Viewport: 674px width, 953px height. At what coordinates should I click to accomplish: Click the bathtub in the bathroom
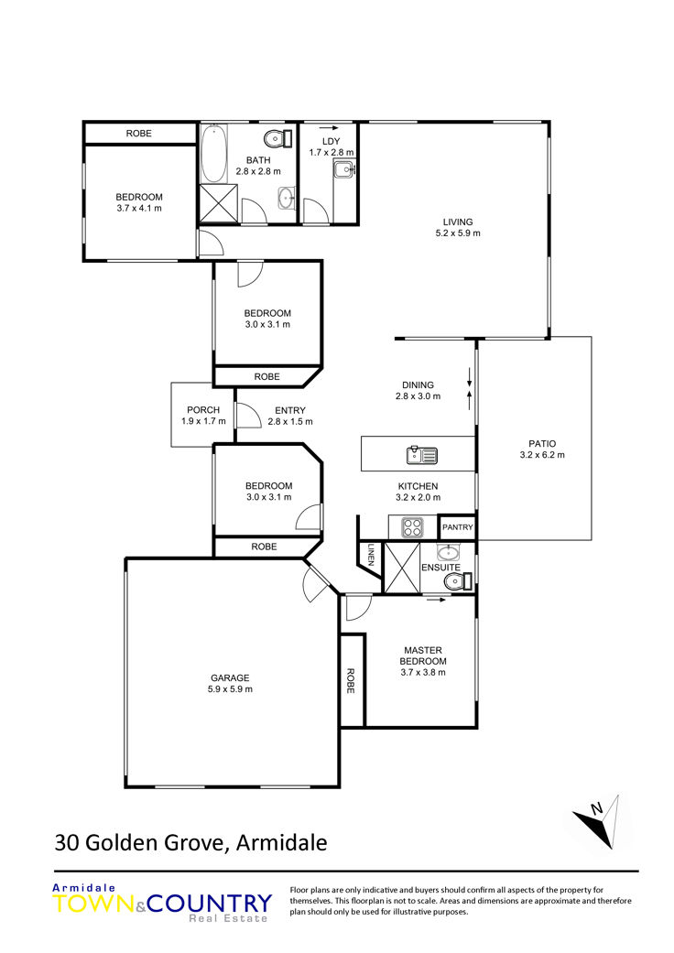coord(213,153)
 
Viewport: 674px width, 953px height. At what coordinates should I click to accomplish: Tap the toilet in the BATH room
coord(278,138)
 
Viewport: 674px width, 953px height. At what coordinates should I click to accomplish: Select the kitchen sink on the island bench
coord(422,455)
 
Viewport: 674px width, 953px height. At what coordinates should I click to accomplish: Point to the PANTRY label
coord(457,527)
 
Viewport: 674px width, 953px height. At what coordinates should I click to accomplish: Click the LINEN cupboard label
coord(371,555)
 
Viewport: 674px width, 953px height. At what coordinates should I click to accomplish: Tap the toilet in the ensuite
coord(457,582)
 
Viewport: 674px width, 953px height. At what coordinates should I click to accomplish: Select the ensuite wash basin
coord(449,552)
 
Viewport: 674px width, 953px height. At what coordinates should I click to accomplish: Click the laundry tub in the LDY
coord(344,169)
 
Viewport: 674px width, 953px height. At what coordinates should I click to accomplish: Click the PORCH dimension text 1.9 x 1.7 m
coord(203,421)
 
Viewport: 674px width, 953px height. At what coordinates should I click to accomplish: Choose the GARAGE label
coord(230,677)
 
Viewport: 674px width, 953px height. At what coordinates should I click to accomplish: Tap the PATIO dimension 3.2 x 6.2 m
coord(542,455)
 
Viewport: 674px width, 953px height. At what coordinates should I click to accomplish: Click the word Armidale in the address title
coord(281,843)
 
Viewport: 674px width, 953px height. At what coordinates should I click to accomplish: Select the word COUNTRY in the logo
coord(210,904)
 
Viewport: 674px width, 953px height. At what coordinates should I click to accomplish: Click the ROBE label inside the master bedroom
coord(350,681)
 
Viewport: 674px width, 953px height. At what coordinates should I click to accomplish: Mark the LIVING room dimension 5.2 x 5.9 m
coord(458,233)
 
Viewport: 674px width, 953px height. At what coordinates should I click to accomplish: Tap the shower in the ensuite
coord(402,568)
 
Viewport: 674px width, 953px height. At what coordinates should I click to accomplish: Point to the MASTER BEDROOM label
coord(423,655)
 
